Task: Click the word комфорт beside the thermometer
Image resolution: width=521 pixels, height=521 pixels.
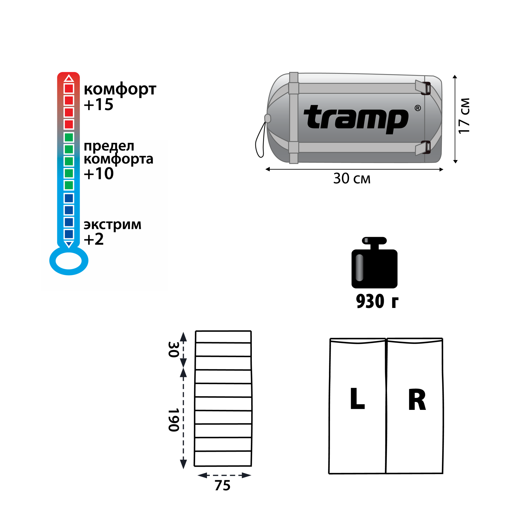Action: (x=120, y=89)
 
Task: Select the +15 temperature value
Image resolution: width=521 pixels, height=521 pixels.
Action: (x=98, y=104)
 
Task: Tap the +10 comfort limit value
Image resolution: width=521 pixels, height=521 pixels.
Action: (x=98, y=174)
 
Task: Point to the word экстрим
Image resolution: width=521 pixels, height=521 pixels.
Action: (x=112, y=225)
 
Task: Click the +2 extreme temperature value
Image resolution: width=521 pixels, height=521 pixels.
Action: (x=93, y=239)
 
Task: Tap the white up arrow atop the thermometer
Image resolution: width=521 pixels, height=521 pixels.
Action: (x=69, y=78)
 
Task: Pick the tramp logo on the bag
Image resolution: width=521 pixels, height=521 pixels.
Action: (x=356, y=119)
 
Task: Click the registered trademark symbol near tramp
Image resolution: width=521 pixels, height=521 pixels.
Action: (x=417, y=108)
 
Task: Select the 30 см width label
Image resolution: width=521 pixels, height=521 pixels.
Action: (x=352, y=179)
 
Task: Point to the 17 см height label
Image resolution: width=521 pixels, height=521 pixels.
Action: (x=464, y=116)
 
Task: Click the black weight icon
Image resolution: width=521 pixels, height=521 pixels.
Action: (x=374, y=263)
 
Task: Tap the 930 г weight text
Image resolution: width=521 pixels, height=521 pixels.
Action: (x=377, y=301)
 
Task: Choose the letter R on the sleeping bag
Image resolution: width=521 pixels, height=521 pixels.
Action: (x=417, y=400)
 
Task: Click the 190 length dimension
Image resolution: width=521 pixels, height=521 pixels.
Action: (x=174, y=420)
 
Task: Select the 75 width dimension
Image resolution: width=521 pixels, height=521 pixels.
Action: (x=223, y=485)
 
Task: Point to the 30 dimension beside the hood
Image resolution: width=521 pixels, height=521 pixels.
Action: (x=173, y=350)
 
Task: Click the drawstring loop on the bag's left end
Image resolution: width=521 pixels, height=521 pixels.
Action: (x=260, y=140)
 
